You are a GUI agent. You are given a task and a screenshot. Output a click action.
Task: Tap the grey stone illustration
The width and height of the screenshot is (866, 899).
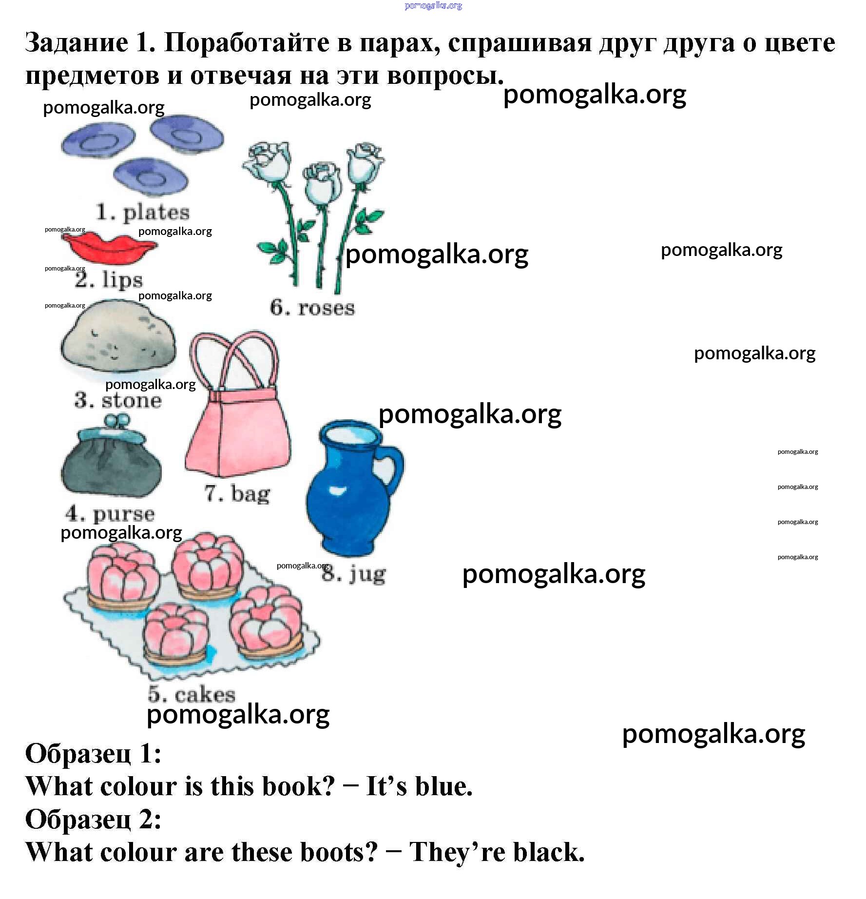pos(118,340)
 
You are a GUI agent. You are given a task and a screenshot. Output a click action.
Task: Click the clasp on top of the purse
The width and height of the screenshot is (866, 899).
pos(117,420)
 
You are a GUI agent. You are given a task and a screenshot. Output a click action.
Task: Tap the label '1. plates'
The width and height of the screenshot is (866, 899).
pos(143,213)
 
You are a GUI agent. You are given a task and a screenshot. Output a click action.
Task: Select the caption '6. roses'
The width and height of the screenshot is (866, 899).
pos(312,308)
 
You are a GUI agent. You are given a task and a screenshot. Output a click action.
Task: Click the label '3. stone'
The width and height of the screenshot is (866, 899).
pos(118,400)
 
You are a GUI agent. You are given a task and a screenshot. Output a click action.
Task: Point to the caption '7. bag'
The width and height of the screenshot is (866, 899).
pos(237,493)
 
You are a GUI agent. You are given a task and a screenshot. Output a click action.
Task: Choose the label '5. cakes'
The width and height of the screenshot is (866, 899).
pos(192,694)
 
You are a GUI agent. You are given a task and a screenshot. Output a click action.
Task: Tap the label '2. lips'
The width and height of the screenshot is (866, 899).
pos(109,280)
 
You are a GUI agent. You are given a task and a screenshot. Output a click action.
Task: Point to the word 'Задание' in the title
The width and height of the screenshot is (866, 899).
pos(77,43)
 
